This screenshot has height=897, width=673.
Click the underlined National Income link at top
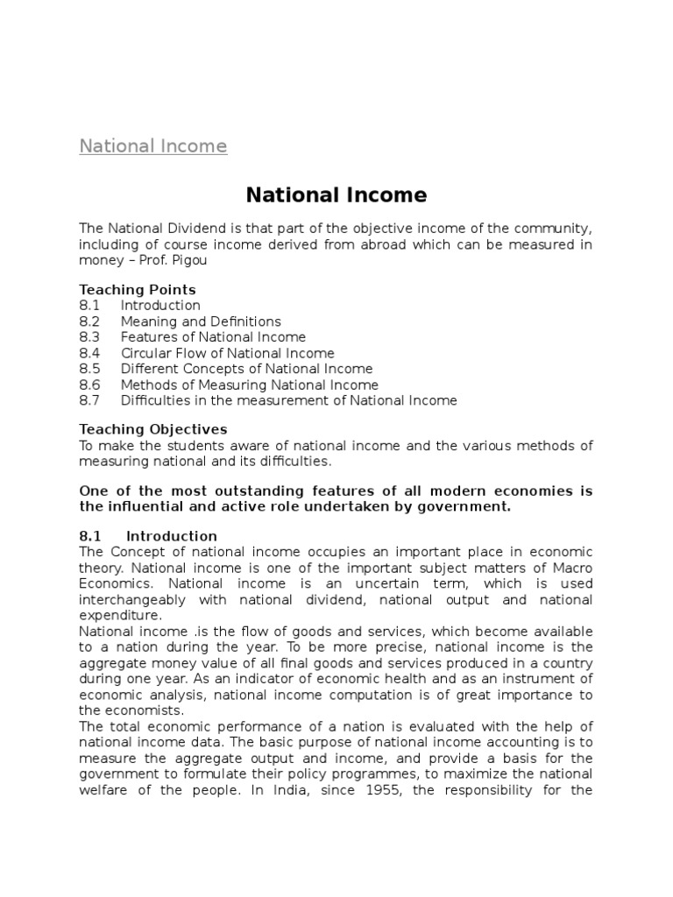pos(152,146)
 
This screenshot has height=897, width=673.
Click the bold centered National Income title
pos(336,194)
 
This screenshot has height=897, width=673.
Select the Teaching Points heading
pos(138,289)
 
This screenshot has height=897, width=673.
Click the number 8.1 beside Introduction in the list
pos(89,306)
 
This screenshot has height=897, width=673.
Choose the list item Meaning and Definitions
pos(201,321)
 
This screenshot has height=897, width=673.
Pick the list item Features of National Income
pos(213,337)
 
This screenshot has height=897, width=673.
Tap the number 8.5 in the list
pos(89,369)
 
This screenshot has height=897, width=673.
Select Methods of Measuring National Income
pos(249,385)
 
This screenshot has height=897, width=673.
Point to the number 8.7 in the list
pos(89,400)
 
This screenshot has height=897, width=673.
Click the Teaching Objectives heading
pos(152,429)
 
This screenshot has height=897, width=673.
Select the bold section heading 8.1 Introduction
pos(148,536)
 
